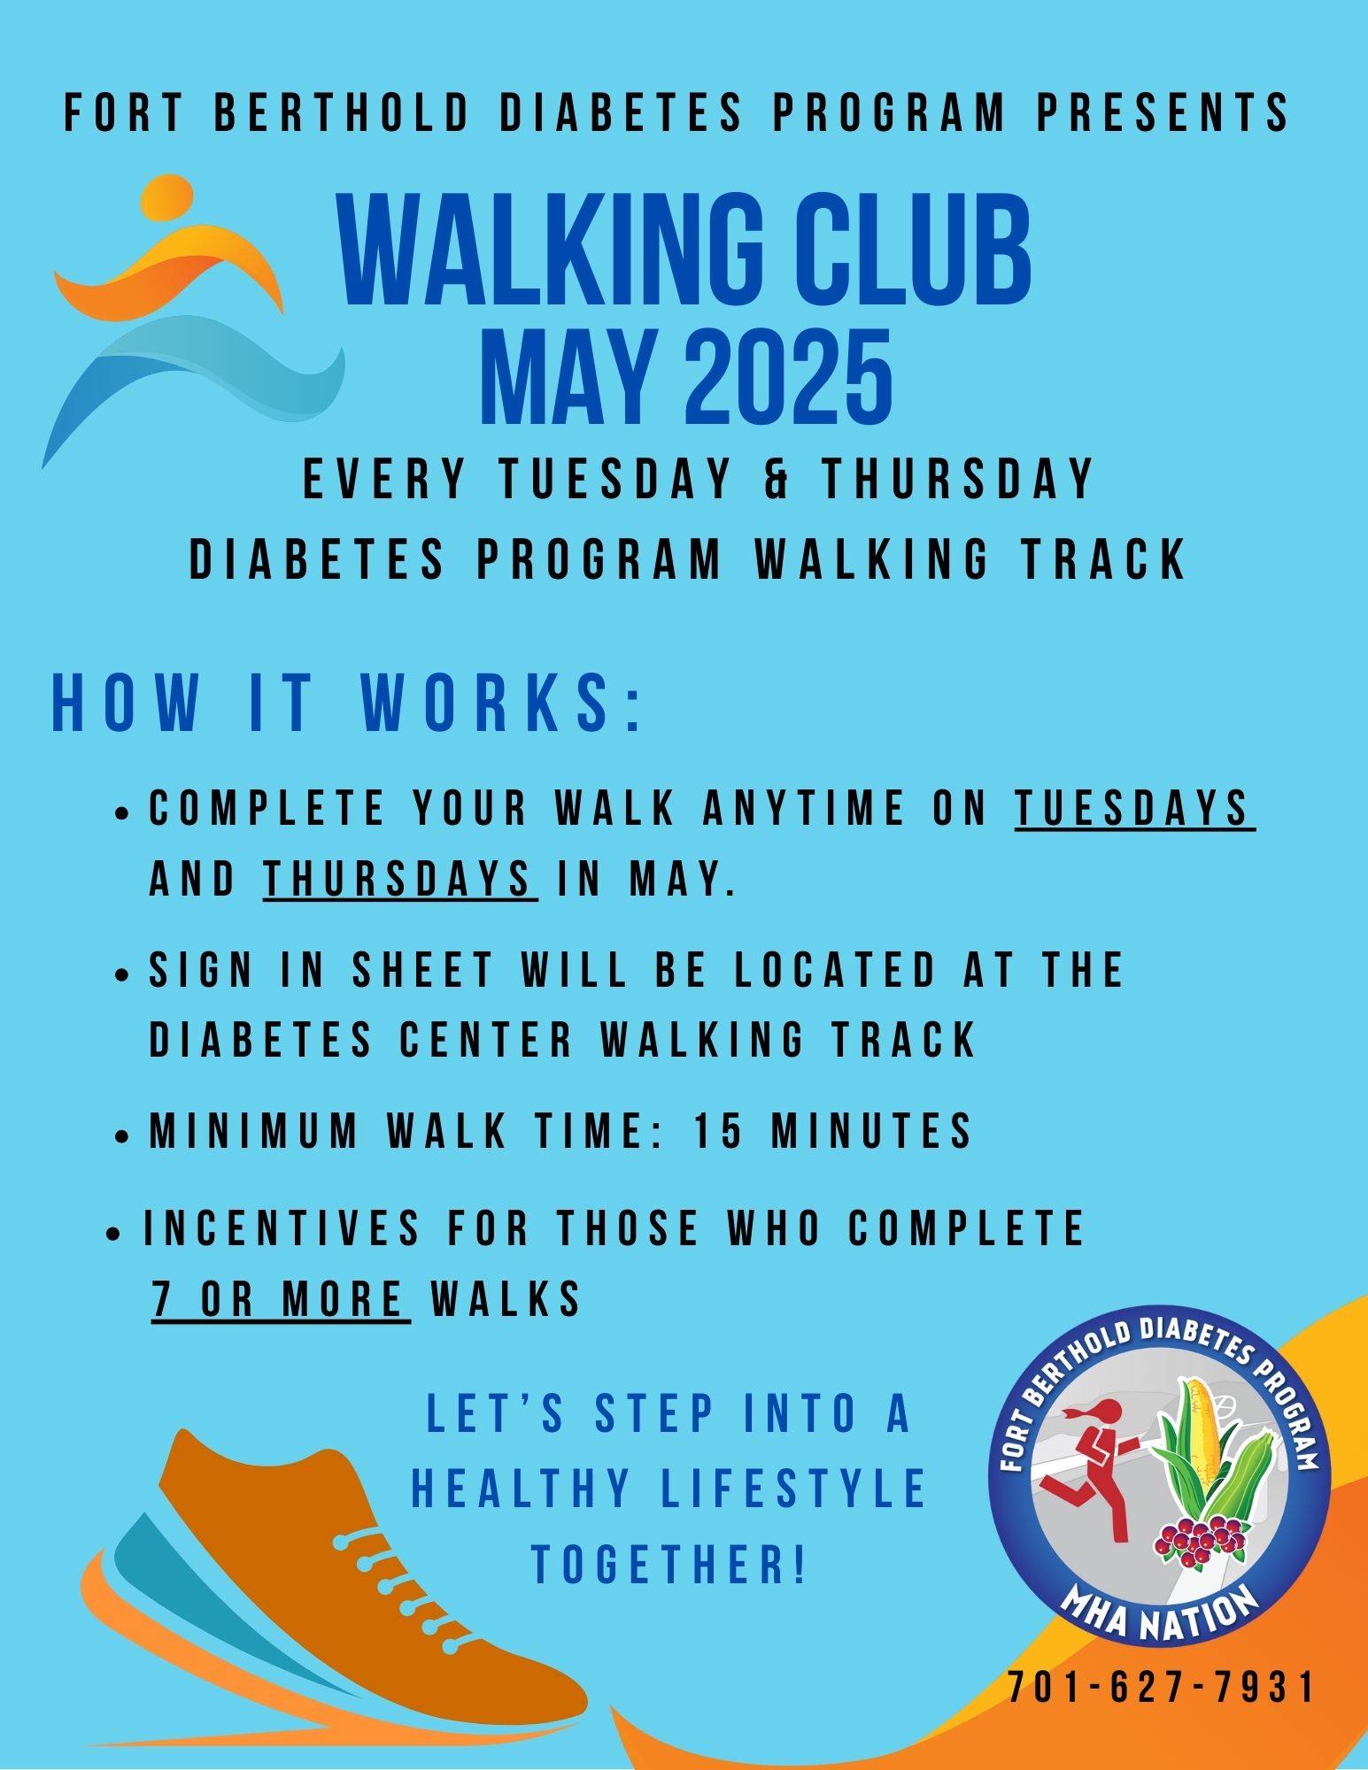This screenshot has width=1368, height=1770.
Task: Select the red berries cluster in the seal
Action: pyautogui.click(x=1199, y=1540)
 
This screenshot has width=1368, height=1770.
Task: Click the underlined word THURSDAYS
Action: pyautogui.click(x=399, y=880)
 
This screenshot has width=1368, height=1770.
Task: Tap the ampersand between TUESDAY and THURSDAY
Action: pyautogui.click(x=777, y=479)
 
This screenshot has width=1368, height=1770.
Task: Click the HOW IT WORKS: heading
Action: pyautogui.click(x=347, y=704)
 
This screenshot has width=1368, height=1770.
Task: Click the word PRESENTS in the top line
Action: pyautogui.click(x=1163, y=112)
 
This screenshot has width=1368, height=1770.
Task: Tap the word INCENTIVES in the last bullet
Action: pyautogui.click(x=282, y=1228)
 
